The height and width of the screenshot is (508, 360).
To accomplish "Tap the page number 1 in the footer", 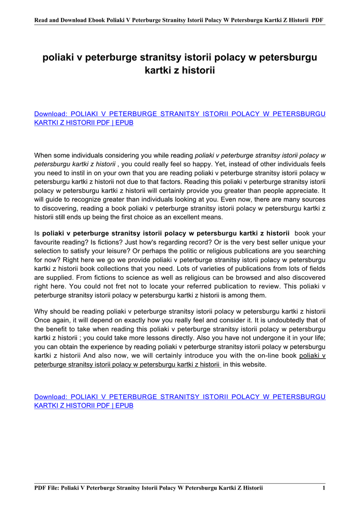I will click(x=323, y=488).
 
